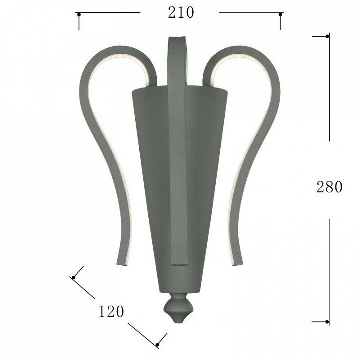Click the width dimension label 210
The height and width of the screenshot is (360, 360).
181,13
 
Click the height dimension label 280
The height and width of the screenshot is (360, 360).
329,187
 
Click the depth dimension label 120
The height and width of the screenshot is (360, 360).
111,311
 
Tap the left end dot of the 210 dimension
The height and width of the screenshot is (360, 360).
79,15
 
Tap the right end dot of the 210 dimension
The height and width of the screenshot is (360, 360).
280,14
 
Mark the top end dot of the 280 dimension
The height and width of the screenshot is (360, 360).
327,36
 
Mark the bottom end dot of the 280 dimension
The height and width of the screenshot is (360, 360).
327,322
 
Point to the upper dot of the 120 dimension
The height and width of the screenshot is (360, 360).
73,277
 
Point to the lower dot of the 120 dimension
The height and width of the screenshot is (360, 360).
157,345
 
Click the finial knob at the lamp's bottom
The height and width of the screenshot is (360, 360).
178,308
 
